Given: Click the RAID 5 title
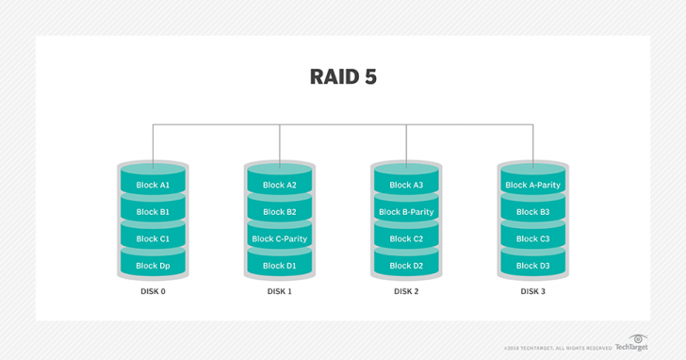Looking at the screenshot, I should tap(343, 76).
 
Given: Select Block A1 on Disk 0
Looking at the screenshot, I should tap(153, 185).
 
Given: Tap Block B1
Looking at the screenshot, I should tap(153, 212).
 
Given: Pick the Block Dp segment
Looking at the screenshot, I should tap(153, 266).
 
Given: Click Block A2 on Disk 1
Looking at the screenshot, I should tap(280, 185).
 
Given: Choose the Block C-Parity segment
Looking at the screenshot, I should tap(280, 238).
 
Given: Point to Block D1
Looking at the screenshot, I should tap(280, 266).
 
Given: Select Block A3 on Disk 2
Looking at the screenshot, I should tap(406, 185).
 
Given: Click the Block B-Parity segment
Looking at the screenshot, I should tap(406, 212).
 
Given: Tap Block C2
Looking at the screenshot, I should tap(406, 238).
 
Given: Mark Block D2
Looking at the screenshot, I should tap(406, 266).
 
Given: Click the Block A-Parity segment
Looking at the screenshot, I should tap(532, 185).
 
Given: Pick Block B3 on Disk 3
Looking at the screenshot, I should tap(532, 212).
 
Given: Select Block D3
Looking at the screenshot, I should tap(532, 266).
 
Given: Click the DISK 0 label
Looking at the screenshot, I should tap(153, 292).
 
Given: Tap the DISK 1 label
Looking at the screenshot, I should tap(280, 292).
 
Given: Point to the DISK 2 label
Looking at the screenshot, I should tap(406, 292).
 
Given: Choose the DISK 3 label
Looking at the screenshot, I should tap(532, 292).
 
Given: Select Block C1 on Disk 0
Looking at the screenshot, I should tap(153, 238).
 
